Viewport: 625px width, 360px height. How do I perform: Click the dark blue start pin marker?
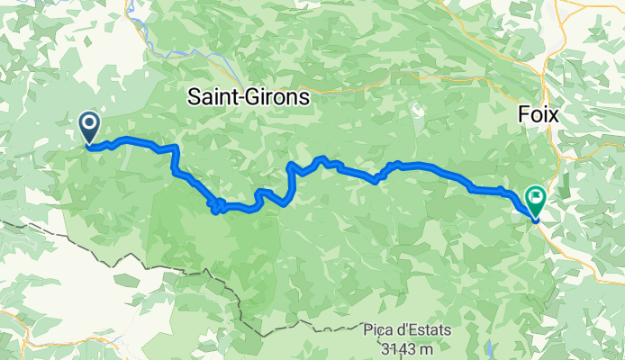pos(90,128)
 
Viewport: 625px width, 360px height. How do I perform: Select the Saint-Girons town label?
pos(248,96)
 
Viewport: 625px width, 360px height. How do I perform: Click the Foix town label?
pos(539,115)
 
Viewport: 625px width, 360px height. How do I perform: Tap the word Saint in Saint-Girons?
pos(213,96)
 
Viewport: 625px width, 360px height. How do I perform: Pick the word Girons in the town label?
pos(276,96)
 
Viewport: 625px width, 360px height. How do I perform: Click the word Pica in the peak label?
pos(382,331)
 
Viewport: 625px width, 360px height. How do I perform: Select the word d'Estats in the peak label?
pos(425,331)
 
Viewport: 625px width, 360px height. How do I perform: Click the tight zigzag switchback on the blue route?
pos(217,206)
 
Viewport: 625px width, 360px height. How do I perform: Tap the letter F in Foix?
pos(523,115)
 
